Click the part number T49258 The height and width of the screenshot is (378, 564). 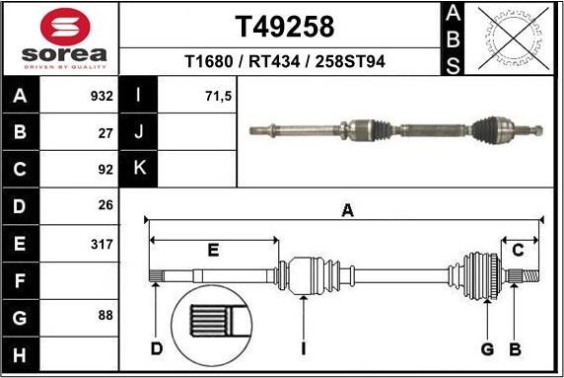(284, 26)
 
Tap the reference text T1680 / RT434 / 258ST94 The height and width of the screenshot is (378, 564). (285, 62)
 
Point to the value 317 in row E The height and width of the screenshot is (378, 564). (102, 242)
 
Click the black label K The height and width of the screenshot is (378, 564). (139, 168)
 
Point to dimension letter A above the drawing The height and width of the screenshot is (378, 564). (346, 208)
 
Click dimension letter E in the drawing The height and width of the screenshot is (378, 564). (212, 251)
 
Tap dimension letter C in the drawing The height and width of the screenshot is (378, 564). (517, 250)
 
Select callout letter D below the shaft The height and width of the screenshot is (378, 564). (156, 348)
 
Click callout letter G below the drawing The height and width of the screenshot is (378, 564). (487, 348)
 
